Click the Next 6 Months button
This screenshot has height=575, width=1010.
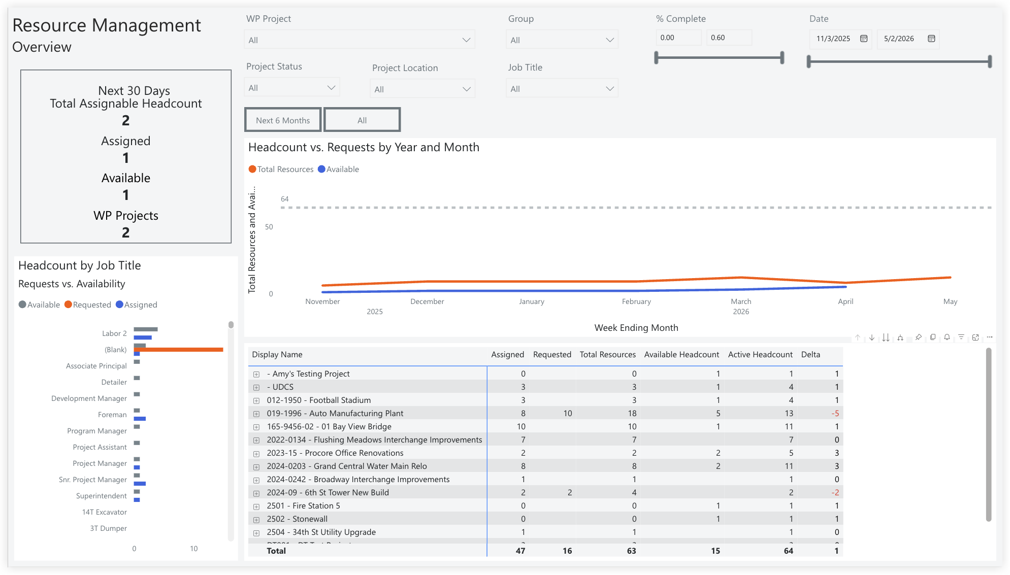tap(283, 120)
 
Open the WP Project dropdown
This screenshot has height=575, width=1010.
tap(359, 40)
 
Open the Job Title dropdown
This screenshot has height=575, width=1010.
tap(562, 89)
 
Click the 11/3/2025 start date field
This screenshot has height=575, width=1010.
tap(833, 39)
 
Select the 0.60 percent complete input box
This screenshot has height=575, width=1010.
tap(728, 38)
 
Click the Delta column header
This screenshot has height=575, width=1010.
tap(810, 355)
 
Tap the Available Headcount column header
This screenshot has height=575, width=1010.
tap(681, 355)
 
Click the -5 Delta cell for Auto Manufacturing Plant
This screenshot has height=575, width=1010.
tap(835, 414)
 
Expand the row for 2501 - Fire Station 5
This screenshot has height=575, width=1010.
tap(256, 506)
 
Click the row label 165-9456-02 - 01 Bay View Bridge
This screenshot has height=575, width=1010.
tap(329, 427)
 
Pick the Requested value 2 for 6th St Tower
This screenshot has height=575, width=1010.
tap(569, 493)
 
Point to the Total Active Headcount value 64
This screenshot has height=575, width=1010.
tap(788, 551)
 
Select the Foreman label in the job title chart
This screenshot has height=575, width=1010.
tap(112, 415)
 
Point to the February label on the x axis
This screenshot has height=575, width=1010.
tap(636, 301)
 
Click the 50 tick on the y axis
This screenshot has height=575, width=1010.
tap(269, 227)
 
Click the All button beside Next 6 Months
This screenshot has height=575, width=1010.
tap(362, 120)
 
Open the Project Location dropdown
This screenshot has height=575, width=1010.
tap(422, 89)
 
